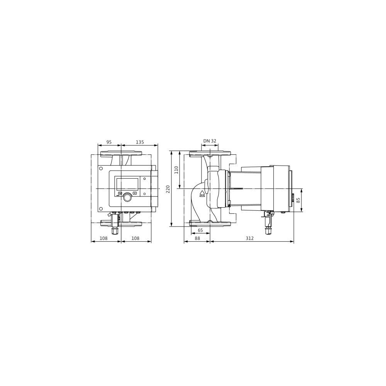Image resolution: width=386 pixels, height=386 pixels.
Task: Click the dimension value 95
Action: click(x=109, y=142)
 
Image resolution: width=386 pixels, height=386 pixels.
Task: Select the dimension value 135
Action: click(x=140, y=142)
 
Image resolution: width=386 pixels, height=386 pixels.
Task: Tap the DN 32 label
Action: click(x=210, y=141)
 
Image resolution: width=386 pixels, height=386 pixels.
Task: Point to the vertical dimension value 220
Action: click(x=168, y=189)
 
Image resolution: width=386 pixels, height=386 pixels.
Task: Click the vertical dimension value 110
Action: click(x=176, y=170)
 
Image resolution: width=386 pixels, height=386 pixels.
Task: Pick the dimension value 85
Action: click(x=299, y=200)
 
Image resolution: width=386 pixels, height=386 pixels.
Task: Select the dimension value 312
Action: click(x=250, y=238)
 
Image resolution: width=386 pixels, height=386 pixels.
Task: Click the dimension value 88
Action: click(x=197, y=238)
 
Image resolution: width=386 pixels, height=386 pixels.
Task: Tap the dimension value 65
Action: click(x=200, y=230)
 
